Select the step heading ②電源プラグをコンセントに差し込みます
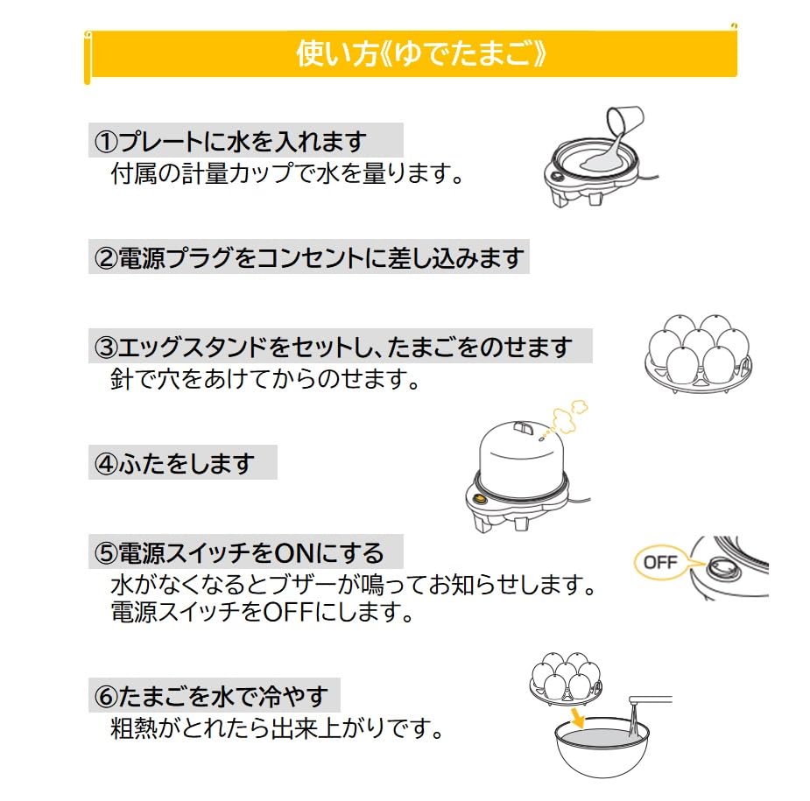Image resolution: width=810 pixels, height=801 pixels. [x=308, y=257]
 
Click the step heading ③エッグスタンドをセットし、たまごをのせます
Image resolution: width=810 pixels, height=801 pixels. [x=340, y=347]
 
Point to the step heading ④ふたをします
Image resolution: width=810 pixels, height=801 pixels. [x=182, y=462]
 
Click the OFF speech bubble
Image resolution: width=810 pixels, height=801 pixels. [x=661, y=561]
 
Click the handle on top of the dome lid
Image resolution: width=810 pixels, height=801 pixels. [x=523, y=426]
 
